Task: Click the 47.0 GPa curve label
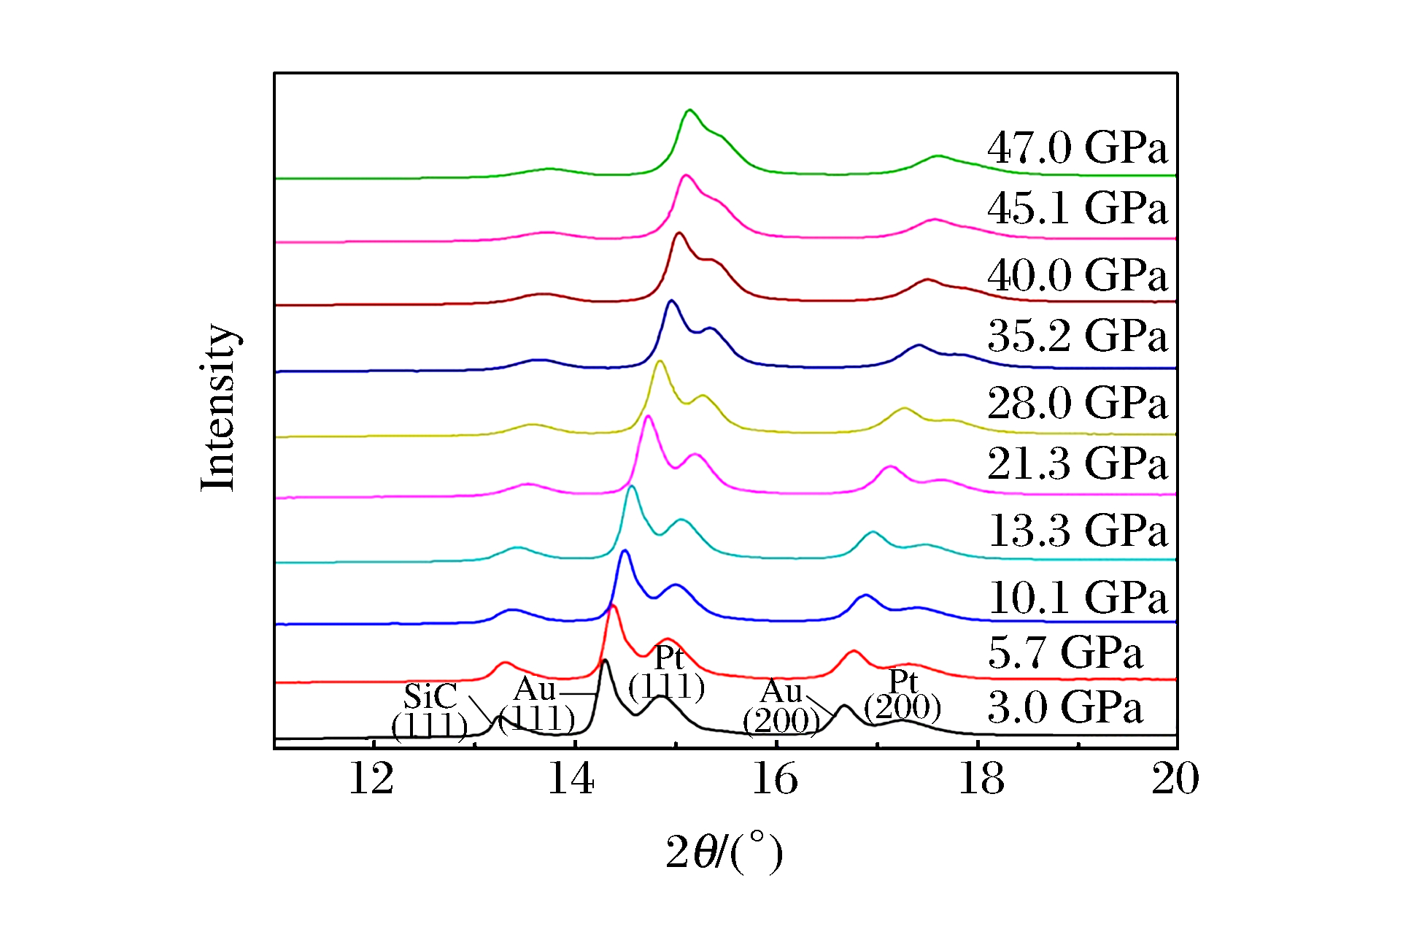click(1077, 147)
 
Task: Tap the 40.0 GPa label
click(1077, 275)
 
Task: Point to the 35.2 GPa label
click(1077, 336)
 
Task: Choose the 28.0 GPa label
click(1077, 403)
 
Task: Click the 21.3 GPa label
click(1077, 463)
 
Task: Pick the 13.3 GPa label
click(1077, 531)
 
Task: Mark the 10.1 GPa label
click(1077, 598)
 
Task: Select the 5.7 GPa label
click(1064, 652)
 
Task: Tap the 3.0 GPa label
click(1064, 708)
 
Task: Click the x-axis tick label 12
click(371, 779)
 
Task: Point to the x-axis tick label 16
click(775, 779)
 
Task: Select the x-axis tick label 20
click(1175, 779)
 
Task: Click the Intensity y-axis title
click(218, 407)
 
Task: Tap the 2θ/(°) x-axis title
click(724, 852)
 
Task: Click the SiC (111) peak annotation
click(430, 711)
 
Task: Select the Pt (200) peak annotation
click(903, 695)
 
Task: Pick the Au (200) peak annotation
click(781, 706)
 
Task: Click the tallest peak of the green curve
click(689, 110)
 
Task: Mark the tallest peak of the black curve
click(604, 660)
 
